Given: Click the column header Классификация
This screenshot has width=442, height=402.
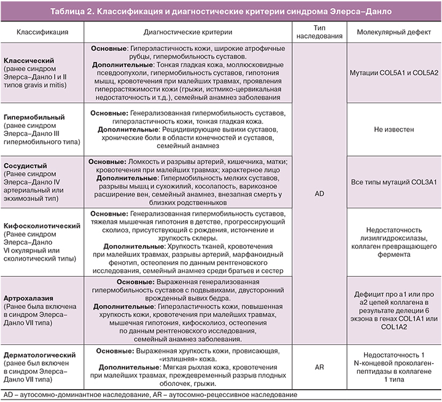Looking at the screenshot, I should click(x=42, y=31).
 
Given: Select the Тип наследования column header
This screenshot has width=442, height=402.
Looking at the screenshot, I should click(x=319, y=31).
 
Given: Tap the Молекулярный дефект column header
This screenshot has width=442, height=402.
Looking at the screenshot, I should click(x=393, y=31).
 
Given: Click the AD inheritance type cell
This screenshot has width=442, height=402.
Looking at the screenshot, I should click(x=319, y=193).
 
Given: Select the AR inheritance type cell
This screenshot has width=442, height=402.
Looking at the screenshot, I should click(x=319, y=368).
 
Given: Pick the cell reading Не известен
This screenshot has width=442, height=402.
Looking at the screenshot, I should click(x=393, y=130).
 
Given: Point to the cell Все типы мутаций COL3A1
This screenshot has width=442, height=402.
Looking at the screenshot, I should click(x=393, y=183).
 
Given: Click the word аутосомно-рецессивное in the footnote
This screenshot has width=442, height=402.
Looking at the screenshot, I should click(x=196, y=395).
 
